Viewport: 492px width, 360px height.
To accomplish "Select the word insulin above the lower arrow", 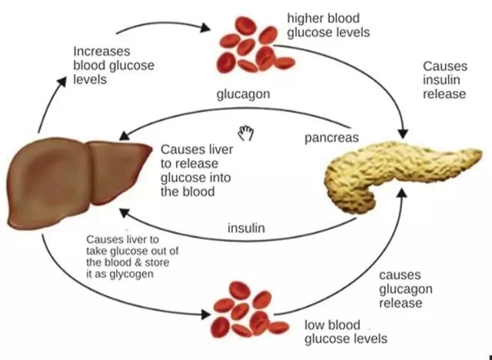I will point(247,228).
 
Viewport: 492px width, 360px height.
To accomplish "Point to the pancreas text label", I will point(332,138).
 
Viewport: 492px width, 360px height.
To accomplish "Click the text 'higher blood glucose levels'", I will point(327,25).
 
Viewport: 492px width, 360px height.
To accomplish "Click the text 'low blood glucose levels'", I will point(345,332).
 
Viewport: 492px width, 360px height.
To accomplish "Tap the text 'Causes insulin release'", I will point(444,80).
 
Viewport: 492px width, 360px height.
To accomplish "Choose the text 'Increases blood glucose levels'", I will point(113,65).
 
